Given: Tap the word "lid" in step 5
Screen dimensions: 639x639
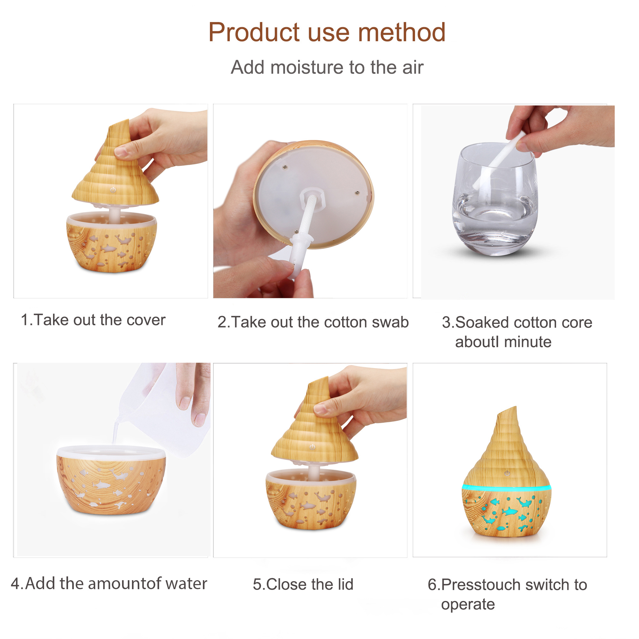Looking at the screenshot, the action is click(346, 584).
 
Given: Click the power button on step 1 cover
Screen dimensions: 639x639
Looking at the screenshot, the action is click(113, 190).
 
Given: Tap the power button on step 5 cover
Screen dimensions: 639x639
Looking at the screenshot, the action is click(312, 447).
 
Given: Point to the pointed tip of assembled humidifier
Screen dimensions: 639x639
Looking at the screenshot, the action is click(516, 407).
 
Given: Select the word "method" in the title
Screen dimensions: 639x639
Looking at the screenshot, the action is click(402, 32).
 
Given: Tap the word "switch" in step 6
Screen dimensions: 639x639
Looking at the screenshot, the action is click(545, 585).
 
